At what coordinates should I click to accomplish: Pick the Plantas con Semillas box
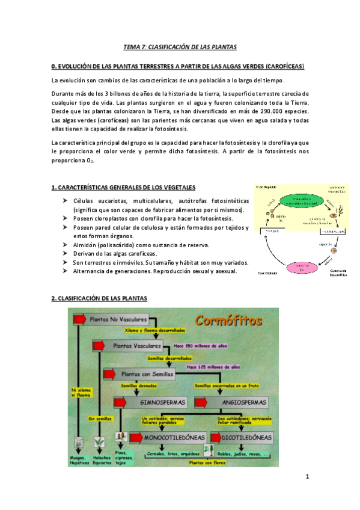(x=147, y=374)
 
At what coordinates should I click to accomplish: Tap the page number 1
(x=307, y=478)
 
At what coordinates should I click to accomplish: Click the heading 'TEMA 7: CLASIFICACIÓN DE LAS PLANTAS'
(x=180, y=46)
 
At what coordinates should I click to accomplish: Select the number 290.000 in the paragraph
(x=270, y=112)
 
